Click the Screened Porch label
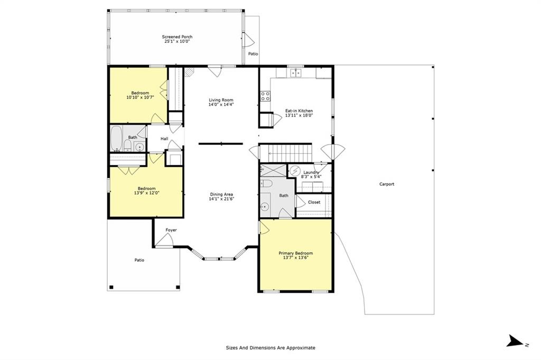pyautogui.click(x=178, y=37)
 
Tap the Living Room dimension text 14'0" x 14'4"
pyautogui.click(x=221, y=105)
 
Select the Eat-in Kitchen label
pyautogui.click(x=299, y=111)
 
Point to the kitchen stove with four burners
pyautogui.click(x=265, y=96)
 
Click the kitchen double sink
pyautogui.click(x=296, y=72)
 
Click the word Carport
pyautogui.click(x=387, y=184)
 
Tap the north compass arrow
pyautogui.click(x=515, y=340)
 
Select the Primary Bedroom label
pyautogui.click(x=296, y=253)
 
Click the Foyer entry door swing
pyautogui.click(x=163, y=240)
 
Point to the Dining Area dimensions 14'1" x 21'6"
pyautogui.click(x=221, y=199)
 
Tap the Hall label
pyautogui.click(x=164, y=139)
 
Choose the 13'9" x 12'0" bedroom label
pyautogui.click(x=147, y=191)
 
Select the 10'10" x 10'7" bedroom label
pyautogui.click(x=140, y=95)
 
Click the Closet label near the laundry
pyautogui.click(x=314, y=202)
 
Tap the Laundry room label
pyautogui.click(x=311, y=173)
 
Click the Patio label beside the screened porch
pyautogui.click(x=253, y=54)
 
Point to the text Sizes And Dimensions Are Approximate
pyautogui.click(x=270, y=348)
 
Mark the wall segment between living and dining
pyautogui.click(x=221, y=144)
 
